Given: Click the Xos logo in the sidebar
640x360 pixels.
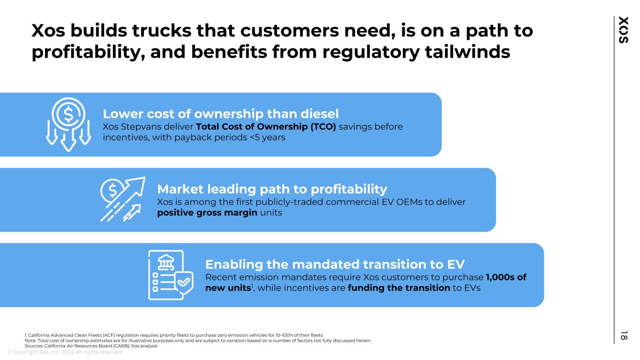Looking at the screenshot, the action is click(x=624, y=30).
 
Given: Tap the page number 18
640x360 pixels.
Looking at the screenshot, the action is click(x=624, y=336).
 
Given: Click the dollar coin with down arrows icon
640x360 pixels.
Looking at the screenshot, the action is click(x=68, y=124).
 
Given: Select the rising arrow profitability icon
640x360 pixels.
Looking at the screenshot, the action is click(x=122, y=199).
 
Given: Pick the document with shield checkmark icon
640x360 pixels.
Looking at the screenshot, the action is click(x=171, y=275).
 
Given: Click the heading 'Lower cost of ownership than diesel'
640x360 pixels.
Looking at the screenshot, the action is click(x=220, y=114).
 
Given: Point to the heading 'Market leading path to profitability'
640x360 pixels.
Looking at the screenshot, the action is click(x=272, y=189).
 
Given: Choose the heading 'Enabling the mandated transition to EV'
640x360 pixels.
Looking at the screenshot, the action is click(x=335, y=264).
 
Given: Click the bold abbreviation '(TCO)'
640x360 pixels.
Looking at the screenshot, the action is click(x=323, y=127).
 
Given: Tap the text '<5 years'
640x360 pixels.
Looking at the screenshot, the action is click(x=267, y=137).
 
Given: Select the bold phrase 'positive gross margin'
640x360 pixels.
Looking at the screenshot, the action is click(x=207, y=213).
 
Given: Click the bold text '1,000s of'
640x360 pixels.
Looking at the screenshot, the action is click(x=506, y=277).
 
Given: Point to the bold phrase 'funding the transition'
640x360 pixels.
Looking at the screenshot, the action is click(x=399, y=288).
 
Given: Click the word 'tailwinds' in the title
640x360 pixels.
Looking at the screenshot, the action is click(x=467, y=52).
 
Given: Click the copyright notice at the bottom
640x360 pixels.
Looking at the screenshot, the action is click(x=65, y=352).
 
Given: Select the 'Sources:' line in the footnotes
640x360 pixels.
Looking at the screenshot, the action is click(x=91, y=346).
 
